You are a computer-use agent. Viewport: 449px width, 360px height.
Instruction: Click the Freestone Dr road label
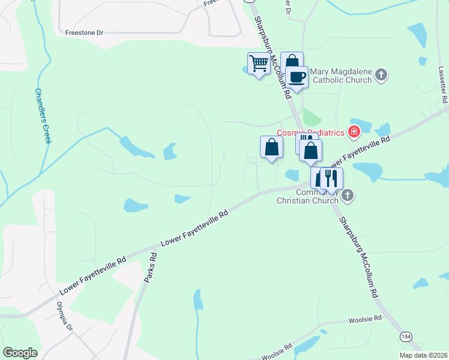tap(84, 33)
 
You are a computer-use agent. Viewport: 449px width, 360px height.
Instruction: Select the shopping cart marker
tap(259, 63)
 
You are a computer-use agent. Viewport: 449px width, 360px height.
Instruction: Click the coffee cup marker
tap(297, 77)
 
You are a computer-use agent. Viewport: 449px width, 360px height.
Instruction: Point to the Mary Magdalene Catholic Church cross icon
tap(381, 75)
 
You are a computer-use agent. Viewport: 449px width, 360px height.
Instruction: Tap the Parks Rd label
tap(151, 267)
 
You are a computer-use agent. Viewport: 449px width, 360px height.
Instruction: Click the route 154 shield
tap(406, 338)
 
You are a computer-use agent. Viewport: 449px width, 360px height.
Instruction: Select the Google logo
tap(20, 353)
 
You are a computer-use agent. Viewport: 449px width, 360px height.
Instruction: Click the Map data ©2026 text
tap(423, 355)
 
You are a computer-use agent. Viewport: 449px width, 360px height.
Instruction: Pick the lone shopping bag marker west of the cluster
tap(271, 146)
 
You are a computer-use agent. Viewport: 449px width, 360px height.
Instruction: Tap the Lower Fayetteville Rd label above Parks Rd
tap(196, 229)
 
